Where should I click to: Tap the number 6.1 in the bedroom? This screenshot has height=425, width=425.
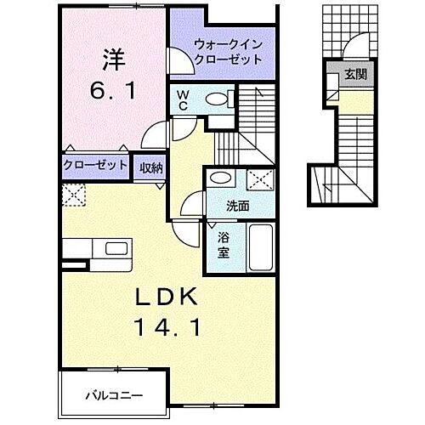point(114,89)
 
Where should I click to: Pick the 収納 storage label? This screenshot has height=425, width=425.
point(152,166)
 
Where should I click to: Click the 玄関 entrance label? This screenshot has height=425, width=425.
point(354,75)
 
